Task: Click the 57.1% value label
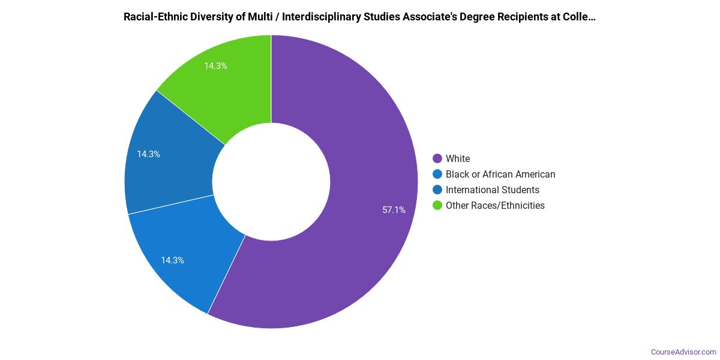394,210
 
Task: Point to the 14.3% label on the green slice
215,66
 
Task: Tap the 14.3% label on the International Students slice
148,154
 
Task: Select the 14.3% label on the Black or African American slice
172,260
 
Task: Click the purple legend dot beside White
437,159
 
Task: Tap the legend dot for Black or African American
437,175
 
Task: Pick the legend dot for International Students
437,190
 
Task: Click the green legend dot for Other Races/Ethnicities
437,206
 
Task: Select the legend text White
458,159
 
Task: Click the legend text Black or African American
500,175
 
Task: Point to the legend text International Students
492,190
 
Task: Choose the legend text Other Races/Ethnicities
495,206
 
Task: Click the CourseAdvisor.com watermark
683,352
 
